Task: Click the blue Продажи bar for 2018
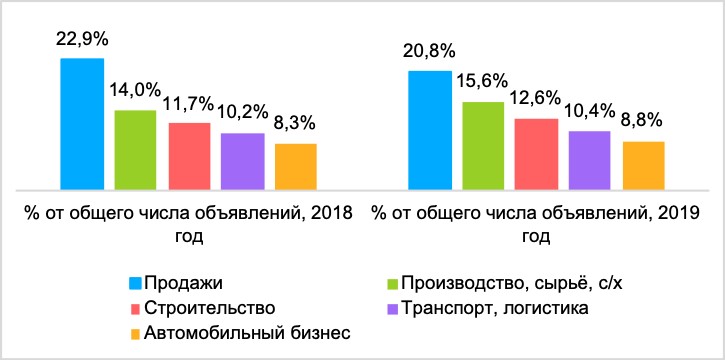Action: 82,123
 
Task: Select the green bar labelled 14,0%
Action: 135,149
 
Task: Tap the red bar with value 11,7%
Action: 189,155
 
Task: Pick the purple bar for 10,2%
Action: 242,160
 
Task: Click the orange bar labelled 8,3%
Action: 295,166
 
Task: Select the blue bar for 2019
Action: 429,129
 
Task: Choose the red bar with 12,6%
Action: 536,153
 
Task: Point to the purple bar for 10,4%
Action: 589,159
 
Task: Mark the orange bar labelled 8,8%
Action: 642,164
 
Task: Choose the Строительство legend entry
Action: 209,307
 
